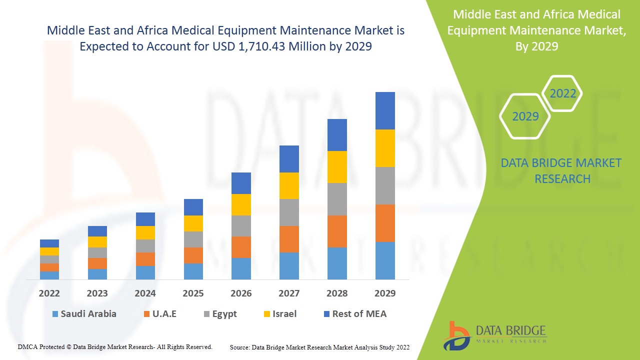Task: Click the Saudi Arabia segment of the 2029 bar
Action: coord(385,260)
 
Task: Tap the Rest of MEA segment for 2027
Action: coord(289,159)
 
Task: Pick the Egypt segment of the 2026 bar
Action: coord(241,226)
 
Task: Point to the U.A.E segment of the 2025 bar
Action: coord(193,255)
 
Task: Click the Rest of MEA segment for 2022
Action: coord(49,243)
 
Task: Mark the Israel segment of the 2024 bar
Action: coord(145,232)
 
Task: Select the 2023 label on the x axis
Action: coord(97,293)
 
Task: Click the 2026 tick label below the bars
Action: coord(241,293)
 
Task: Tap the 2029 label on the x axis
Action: coord(385,293)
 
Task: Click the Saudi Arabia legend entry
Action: coord(84,314)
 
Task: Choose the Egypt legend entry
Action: coord(219,314)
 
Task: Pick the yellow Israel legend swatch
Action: coord(267,314)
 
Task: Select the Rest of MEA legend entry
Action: coord(354,314)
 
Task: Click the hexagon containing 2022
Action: coord(562,93)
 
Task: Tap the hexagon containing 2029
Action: coord(525,116)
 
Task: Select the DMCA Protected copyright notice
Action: coord(115,346)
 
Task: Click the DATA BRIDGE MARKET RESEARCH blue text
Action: coord(562,170)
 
